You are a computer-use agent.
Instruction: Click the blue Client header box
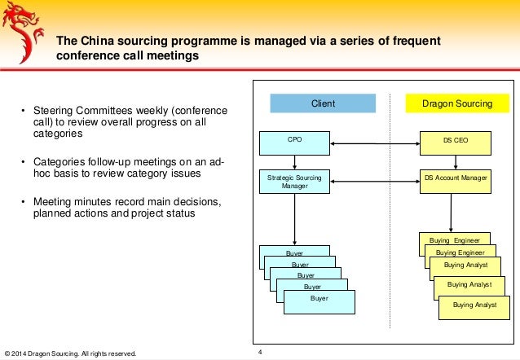coord(324,103)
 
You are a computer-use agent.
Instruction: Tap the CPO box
coord(295,143)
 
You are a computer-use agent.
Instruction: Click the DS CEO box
coord(456,143)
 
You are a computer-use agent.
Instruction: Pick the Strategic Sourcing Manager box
coord(295,181)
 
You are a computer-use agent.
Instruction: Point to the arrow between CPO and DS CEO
coord(375,145)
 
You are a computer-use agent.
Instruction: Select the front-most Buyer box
coord(319,301)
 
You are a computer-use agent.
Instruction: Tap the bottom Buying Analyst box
coord(474,307)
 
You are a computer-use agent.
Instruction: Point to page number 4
coord(260,352)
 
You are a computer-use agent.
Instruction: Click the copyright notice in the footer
coord(70,353)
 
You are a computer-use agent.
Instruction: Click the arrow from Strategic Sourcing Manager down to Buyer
coord(295,219)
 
